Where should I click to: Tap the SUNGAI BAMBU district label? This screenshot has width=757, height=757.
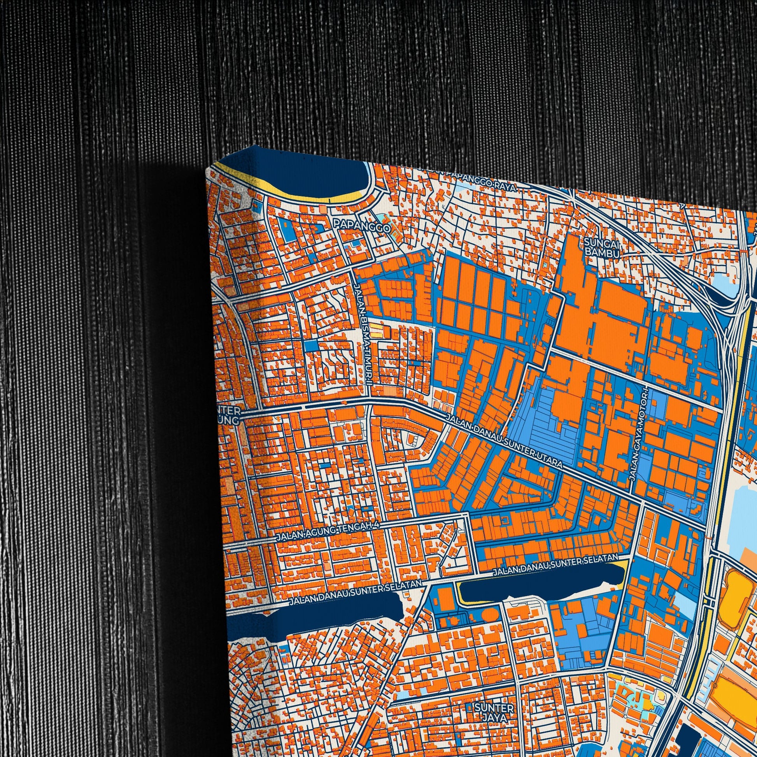[x=602, y=248]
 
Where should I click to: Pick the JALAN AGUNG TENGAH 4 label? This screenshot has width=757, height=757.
[x=328, y=531]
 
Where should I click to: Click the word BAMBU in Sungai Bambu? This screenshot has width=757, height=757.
[x=602, y=253]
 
